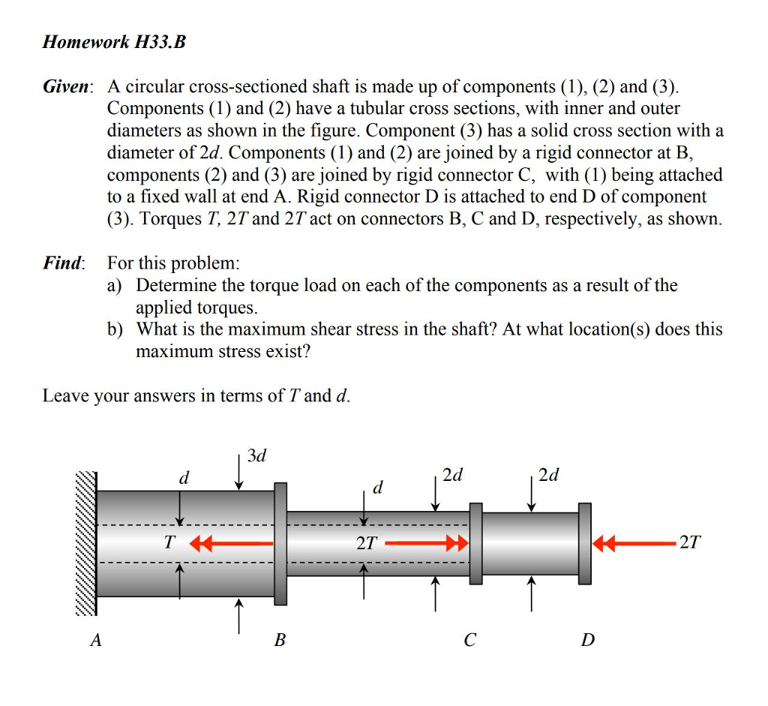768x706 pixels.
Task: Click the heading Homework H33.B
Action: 113,43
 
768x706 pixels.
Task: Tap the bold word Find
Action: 63,263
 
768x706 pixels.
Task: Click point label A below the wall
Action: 94,641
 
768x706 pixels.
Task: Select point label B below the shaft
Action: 280,641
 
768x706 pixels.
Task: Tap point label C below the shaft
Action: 470,641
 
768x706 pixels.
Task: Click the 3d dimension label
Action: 257,455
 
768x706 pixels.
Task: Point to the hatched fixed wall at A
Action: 86,543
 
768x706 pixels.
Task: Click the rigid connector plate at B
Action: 280,543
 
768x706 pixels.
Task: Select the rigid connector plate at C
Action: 475,543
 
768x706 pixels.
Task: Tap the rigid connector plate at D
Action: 585,543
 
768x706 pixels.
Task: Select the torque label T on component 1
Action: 170,542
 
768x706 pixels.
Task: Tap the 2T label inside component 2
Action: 366,543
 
